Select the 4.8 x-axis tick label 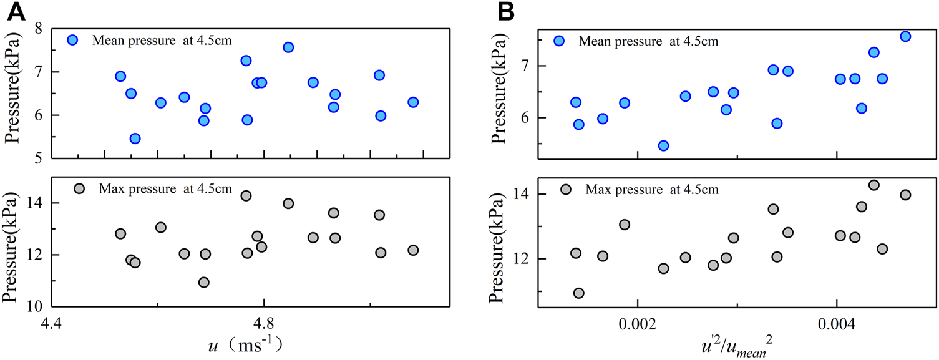(x=264, y=324)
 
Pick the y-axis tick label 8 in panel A (x=37, y=29)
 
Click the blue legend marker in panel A (x=73, y=40)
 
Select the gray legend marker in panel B (x=566, y=189)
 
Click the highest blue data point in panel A (x=288, y=47)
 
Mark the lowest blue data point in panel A (x=135, y=139)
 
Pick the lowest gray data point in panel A (x=203, y=282)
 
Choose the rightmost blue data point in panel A (x=413, y=102)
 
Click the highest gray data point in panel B (x=873, y=185)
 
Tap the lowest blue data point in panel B (x=663, y=145)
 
